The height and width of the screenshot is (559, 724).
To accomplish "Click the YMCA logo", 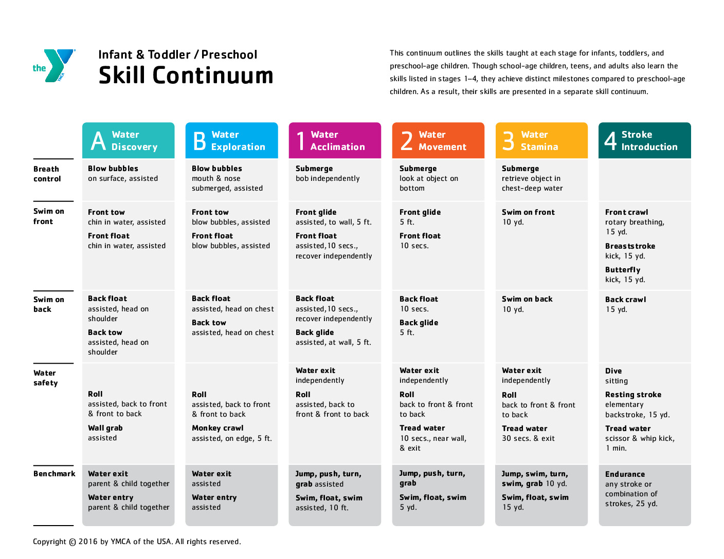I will pos(54,66).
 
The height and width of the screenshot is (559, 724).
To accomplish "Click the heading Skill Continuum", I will pos(186,76).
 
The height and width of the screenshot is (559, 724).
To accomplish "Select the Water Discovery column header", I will pos(128,140).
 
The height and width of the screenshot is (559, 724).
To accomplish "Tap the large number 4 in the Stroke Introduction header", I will pos(610,140).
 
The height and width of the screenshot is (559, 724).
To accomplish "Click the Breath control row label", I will pos(47,174).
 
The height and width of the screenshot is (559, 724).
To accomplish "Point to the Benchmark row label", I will pos(54,474).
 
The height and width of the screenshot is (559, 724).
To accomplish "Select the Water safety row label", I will pos(45,378).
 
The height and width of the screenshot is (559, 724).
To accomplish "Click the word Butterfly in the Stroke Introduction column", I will pos(623,270).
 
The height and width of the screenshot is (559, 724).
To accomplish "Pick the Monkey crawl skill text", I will pos(218,428).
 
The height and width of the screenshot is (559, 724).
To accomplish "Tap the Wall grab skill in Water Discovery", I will pos(105,428).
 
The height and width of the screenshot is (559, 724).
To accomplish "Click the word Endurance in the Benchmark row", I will pos(625,474).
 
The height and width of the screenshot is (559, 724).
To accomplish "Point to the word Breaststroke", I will pos(630,246).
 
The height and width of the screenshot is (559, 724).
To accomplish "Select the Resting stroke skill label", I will pos(633,395).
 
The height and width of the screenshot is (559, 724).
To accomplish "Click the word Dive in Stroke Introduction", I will pos(613,371).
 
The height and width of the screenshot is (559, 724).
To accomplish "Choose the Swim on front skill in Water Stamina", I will pos(528,212).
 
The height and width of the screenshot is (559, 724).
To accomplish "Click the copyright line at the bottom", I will pos(137,542).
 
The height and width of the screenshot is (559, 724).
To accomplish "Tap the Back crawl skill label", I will pos(625,300).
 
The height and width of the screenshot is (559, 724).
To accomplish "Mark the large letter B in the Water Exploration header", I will pos(200,141).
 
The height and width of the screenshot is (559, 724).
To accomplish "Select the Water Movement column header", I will pos(438,140).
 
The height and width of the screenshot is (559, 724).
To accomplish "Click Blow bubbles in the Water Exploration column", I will pos(216,169).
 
